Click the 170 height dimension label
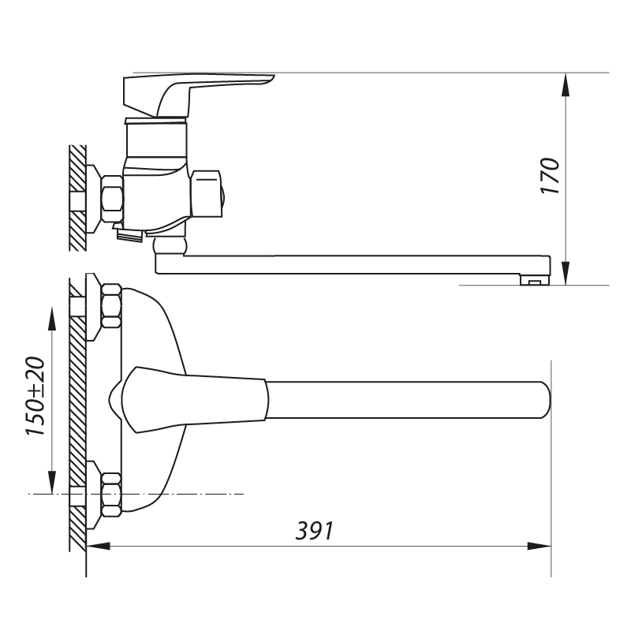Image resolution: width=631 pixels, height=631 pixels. (550, 176)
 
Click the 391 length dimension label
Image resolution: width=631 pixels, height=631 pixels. (315, 531)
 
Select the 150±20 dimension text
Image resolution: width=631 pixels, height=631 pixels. (35, 396)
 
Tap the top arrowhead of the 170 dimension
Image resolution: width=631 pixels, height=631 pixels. (566, 85)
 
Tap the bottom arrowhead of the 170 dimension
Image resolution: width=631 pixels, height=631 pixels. (566, 273)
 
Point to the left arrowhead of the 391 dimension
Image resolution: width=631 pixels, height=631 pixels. (98, 546)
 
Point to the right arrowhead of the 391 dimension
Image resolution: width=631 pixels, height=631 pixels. (540, 546)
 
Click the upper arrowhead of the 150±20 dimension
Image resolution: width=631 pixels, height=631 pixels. (52, 319)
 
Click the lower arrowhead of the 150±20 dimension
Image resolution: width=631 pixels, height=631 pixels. (52, 482)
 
